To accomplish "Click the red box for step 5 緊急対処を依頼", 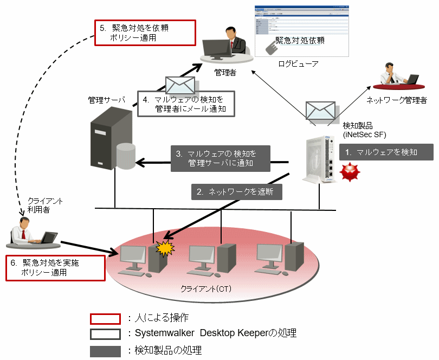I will [145, 33].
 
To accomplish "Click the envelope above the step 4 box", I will [180, 86].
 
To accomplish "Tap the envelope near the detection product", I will [321, 110].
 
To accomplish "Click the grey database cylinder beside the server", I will [126, 157].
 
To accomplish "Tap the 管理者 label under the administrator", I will [225, 72].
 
